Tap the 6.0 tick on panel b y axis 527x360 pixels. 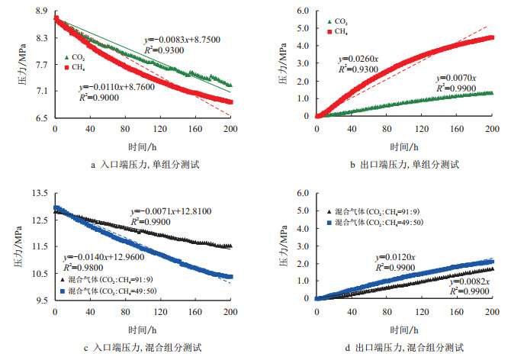coord(304,11)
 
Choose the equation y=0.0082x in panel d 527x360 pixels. coord(468,281)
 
